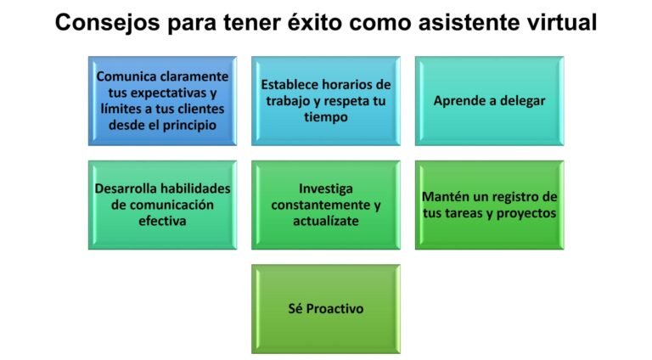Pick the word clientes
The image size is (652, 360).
click(x=200, y=108)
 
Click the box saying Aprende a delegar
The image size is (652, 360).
click(x=488, y=100)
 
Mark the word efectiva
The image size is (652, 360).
click(x=161, y=220)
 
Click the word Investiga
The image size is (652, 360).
click(x=325, y=188)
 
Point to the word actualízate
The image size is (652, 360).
click(x=325, y=220)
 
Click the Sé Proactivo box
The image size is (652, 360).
click(x=325, y=308)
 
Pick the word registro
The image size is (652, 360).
click(x=513, y=196)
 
